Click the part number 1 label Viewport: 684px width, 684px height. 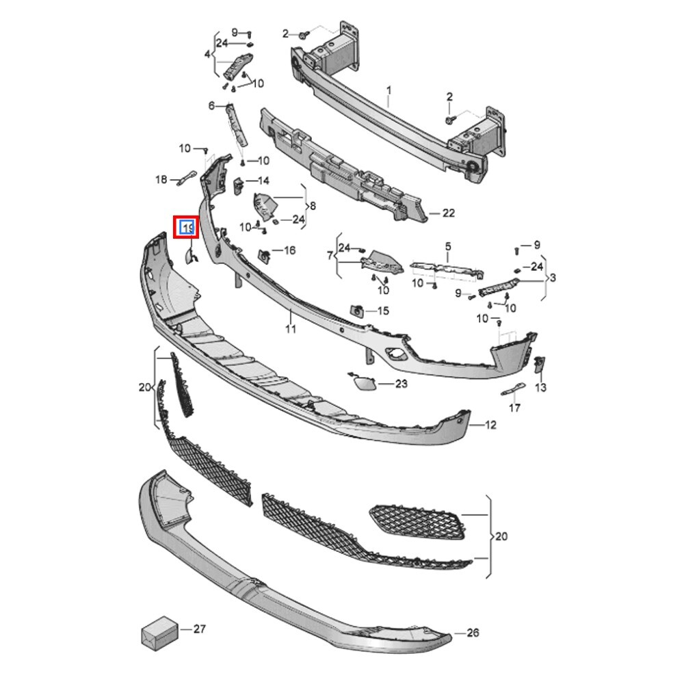pyautogui.click(x=389, y=91)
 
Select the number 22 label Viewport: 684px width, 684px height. pyautogui.click(x=449, y=213)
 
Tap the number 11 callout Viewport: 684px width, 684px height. pyautogui.click(x=291, y=328)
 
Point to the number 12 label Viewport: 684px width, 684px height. pyautogui.click(x=490, y=425)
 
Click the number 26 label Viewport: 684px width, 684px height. pyautogui.click(x=473, y=632)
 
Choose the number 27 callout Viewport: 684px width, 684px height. pyautogui.click(x=199, y=629)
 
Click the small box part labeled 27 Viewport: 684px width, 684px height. pyautogui.click(x=159, y=633)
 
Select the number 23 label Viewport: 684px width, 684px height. pyautogui.click(x=401, y=384)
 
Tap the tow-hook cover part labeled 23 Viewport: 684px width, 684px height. pyautogui.click(x=363, y=382)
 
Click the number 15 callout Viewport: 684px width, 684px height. pyautogui.click(x=383, y=311)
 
